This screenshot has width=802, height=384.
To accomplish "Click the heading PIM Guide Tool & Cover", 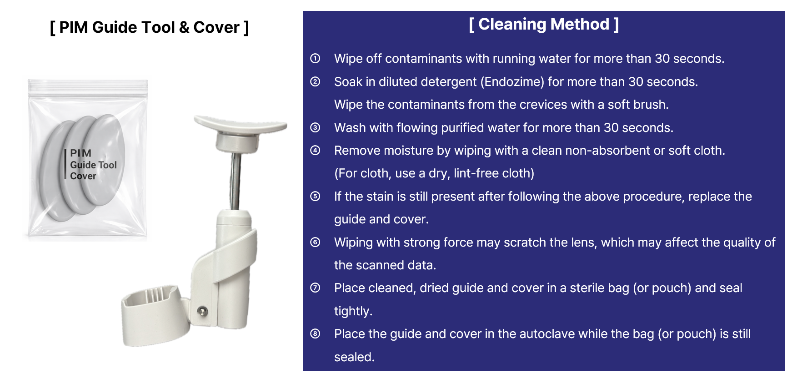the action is coord(149,28).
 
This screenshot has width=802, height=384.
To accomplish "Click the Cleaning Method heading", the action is coord(544,24).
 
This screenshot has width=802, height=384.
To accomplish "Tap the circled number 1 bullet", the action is coord(315,58).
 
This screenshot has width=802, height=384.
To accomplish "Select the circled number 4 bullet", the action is coord(315,150).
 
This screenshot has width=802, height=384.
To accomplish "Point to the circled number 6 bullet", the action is coord(315,242).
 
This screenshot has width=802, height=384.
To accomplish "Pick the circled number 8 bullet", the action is coord(315,333).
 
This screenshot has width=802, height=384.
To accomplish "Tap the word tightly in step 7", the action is coord(353,311).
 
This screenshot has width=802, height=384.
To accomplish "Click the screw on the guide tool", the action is coord(203,311).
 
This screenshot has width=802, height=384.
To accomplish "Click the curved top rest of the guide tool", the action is coord(240,124).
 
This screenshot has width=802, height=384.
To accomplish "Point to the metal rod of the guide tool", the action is coord(236,181).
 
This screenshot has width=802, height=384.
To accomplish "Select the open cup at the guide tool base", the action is coord(155,315).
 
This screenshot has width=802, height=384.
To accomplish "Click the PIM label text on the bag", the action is coord(81,153).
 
